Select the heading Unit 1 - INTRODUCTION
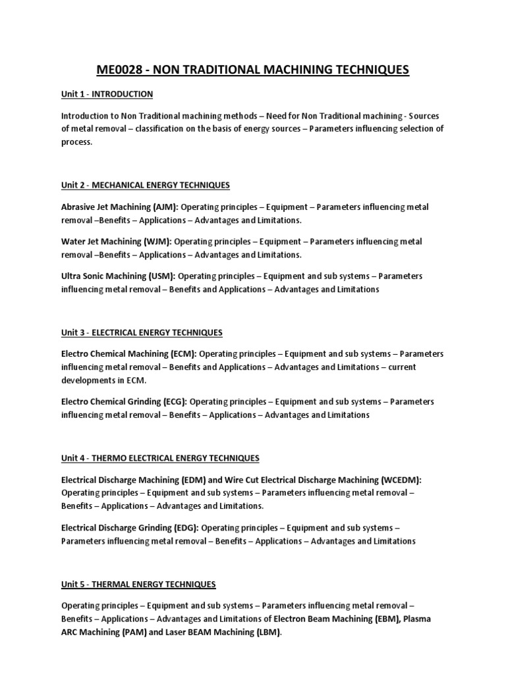pyautogui.click(x=107, y=94)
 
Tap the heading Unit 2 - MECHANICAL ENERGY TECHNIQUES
pyautogui.click(x=146, y=185)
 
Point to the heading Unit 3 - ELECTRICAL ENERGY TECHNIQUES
pyautogui.click(x=142, y=332)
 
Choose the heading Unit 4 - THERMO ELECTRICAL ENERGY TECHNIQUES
pyautogui.click(x=160, y=457)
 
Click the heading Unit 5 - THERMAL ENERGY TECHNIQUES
pyautogui.click(x=138, y=584)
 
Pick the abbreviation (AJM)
pyautogui.click(x=155, y=207)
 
